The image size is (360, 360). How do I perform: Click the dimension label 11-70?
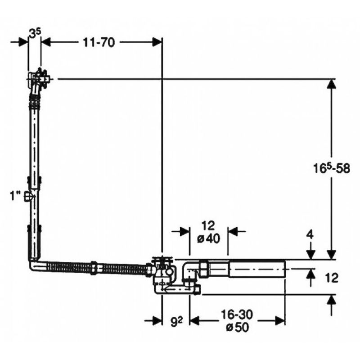click(x=99, y=42)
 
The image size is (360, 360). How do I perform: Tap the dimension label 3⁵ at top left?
click(x=35, y=34)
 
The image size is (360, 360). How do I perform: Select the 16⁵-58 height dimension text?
click(x=332, y=169)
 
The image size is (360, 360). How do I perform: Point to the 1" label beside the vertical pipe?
click(x=16, y=197)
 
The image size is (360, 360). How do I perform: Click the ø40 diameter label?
click(x=208, y=239)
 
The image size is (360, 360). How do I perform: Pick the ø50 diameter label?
click(x=237, y=327)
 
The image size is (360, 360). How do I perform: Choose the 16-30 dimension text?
click(x=237, y=315)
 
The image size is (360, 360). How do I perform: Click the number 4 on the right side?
click(x=310, y=235)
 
